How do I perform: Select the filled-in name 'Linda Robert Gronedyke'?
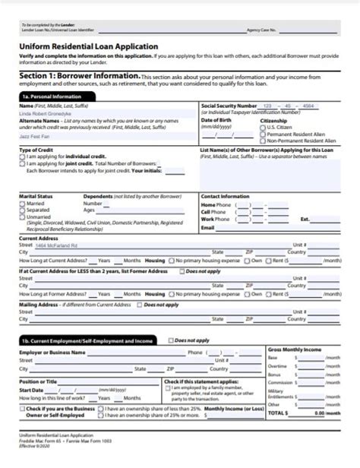tap(49, 113)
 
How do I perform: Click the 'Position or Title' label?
tap(38, 381)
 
